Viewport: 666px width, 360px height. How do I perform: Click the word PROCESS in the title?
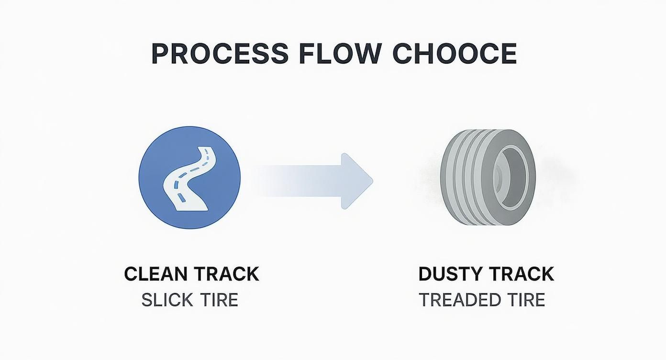(x=220, y=54)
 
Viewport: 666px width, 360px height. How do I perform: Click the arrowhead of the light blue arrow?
(x=356, y=180)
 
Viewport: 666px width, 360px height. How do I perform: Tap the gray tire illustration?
(x=488, y=178)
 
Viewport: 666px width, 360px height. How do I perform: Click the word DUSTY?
(x=449, y=274)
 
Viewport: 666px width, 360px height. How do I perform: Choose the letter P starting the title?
(x=160, y=54)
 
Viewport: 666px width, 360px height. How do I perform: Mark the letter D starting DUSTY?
(x=425, y=274)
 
